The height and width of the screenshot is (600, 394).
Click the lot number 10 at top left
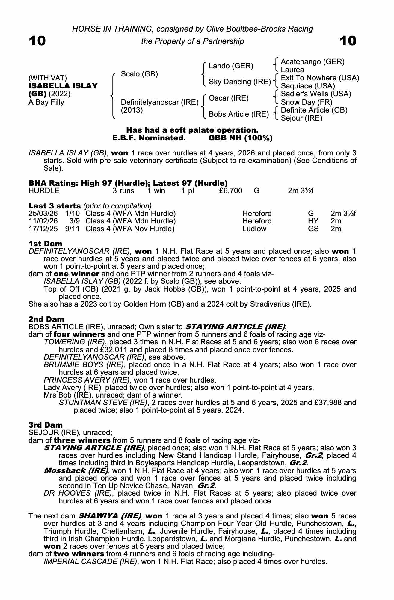(x=37, y=41)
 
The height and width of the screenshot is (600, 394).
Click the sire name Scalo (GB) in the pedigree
(x=139, y=74)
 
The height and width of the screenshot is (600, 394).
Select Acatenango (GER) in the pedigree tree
(x=313, y=62)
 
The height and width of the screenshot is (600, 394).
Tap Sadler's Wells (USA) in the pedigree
(x=316, y=94)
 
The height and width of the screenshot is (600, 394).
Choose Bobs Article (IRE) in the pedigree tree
(x=238, y=114)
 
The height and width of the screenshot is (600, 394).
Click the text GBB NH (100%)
(x=240, y=138)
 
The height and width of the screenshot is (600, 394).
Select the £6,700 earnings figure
(x=231, y=191)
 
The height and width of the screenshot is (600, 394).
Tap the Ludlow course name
(x=254, y=229)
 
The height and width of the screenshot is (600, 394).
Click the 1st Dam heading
(x=45, y=244)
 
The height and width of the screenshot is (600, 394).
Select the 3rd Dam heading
(x=46, y=425)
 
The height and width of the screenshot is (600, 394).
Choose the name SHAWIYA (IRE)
(x=109, y=516)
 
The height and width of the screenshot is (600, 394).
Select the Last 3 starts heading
(x=55, y=206)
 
